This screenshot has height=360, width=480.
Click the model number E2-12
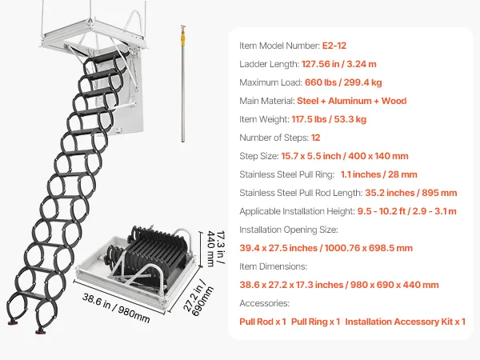[x=334, y=46]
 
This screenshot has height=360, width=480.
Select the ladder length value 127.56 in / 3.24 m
[x=339, y=64]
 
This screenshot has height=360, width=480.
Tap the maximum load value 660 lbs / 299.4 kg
[x=343, y=82]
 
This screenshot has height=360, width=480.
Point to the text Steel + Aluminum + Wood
[x=352, y=101]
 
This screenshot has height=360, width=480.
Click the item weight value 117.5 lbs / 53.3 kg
[x=329, y=119]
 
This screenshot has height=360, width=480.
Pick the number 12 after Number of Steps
[x=316, y=138]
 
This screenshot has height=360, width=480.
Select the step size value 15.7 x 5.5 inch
[x=311, y=156]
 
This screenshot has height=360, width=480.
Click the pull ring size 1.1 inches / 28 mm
[x=378, y=174]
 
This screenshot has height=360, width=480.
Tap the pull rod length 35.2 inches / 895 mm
[x=411, y=193]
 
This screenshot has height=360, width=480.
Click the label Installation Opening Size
[x=289, y=230]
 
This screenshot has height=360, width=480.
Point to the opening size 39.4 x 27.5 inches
[x=278, y=248]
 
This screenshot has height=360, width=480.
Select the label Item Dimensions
[x=273, y=266]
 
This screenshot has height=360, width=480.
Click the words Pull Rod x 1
[x=262, y=322]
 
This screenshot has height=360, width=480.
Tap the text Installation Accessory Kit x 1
[x=406, y=322]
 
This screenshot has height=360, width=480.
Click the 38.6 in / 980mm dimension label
[x=116, y=308]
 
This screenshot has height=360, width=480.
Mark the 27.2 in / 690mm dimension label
[x=198, y=298]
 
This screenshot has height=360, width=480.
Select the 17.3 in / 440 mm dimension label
[x=216, y=249]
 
